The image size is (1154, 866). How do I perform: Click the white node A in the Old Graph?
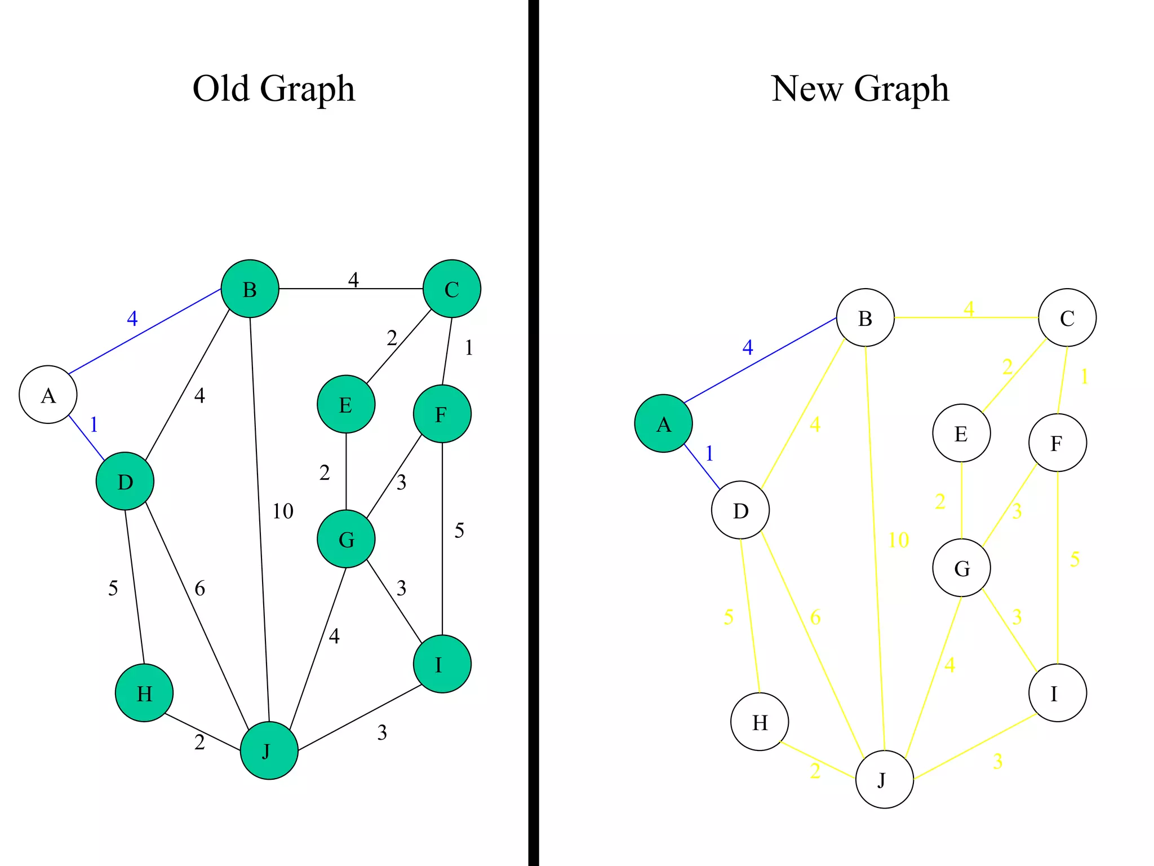[48, 395]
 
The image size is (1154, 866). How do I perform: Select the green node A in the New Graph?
[663, 423]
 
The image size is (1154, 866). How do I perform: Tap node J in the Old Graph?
[269, 750]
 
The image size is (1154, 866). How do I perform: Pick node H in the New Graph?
[760, 722]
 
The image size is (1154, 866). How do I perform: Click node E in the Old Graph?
[346, 404]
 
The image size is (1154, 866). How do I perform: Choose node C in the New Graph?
[1067, 317]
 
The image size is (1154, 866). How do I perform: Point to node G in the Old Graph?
[346, 539]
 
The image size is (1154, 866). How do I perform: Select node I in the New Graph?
[1057, 693]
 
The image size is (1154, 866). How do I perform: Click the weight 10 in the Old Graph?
[283, 511]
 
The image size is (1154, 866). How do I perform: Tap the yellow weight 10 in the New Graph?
[898, 540]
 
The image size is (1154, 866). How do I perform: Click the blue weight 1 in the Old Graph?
[94, 425]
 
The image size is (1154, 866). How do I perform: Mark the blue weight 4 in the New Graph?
[748, 347]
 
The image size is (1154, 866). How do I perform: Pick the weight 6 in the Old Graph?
[200, 589]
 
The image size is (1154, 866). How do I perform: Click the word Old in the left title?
[221, 89]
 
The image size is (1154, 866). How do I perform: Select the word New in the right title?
[807, 89]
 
